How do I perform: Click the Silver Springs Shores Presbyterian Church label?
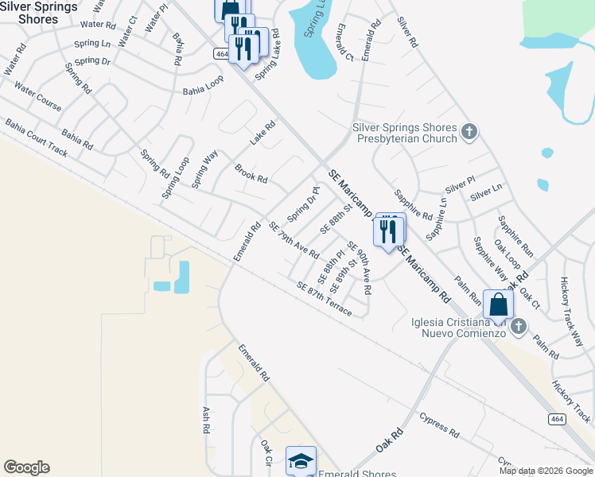point(405,133)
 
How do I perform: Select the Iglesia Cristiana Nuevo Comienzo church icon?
point(518,325)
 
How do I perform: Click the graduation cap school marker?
point(301,460)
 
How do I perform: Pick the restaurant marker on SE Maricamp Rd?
point(388,231)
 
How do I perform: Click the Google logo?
point(26,467)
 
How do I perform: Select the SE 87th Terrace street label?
point(324,298)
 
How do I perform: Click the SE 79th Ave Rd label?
point(294,241)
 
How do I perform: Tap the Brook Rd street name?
point(251,173)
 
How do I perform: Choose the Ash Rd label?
point(205,420)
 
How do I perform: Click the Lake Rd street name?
point(262,132)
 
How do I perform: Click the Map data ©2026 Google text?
point(545,471)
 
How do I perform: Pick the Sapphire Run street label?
point(515,237)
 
